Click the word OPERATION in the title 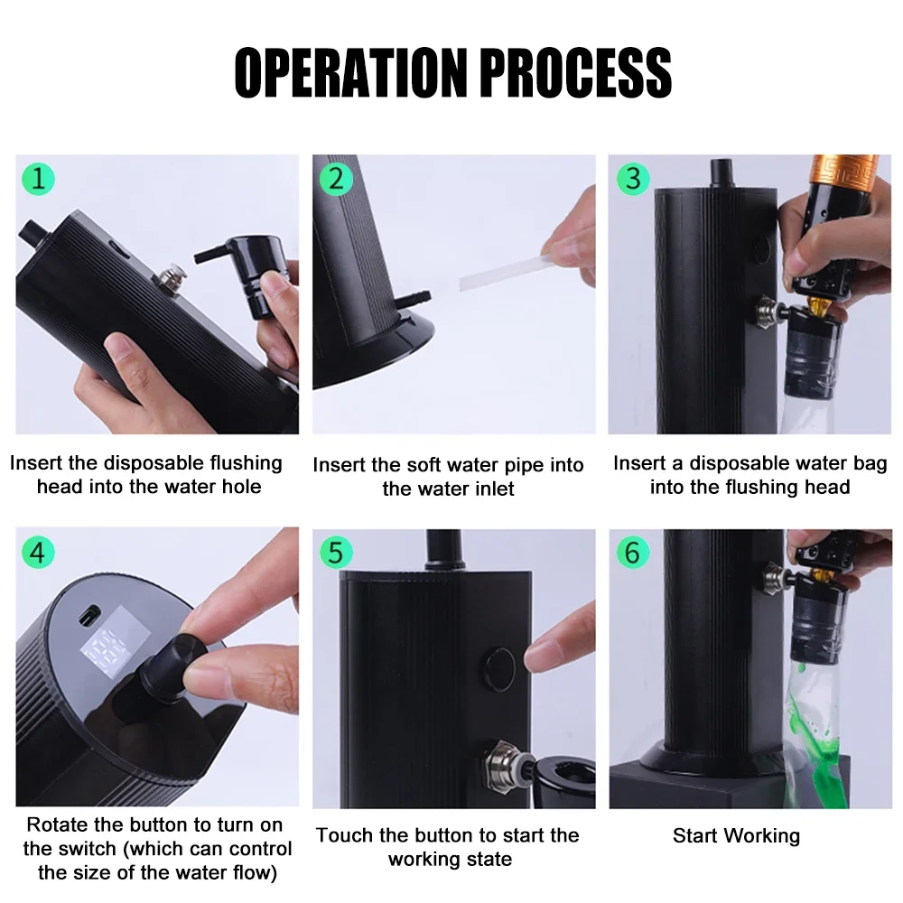(350, 72)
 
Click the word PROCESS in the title (575, 72)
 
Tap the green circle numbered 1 (38, 179)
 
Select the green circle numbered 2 (336, 179)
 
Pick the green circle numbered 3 (632, 179)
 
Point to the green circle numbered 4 (38, 553)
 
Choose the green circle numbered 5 (336, 553)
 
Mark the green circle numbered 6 (632, 553)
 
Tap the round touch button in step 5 (499, 668)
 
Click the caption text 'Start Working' (736, 835)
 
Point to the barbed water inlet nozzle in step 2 (413, 300)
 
